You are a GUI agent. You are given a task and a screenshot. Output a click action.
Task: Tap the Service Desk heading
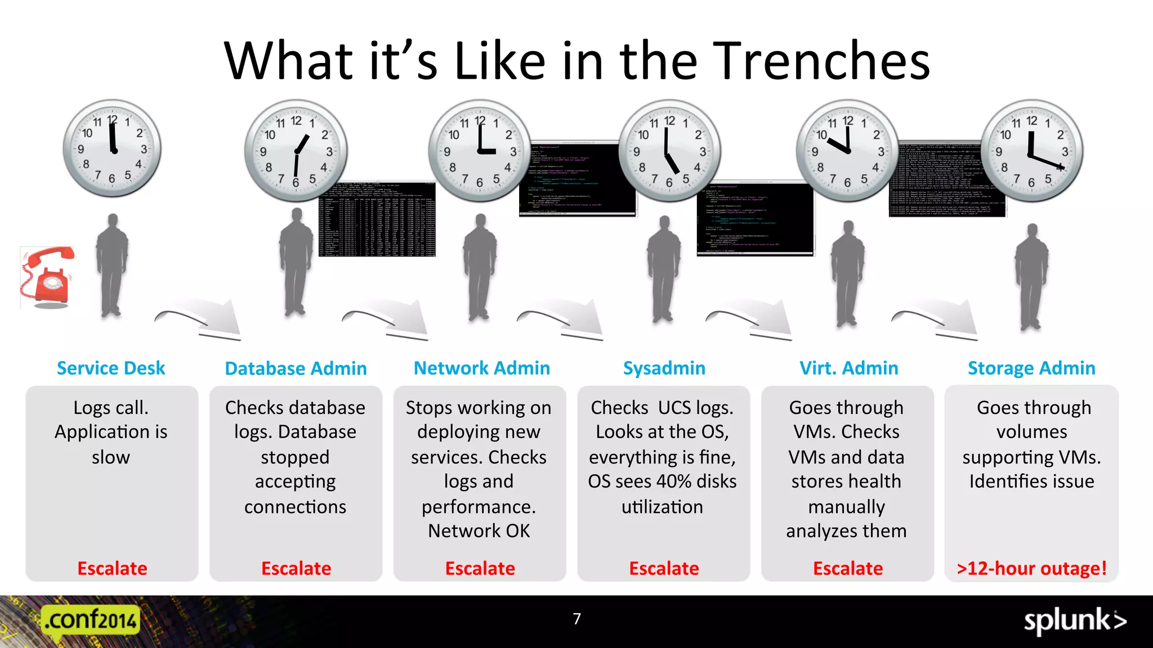click(x=111, y=368)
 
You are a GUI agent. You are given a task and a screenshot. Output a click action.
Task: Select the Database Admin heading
click(x=296, y=369)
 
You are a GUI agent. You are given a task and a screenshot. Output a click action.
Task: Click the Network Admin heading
click(x=481, y=368)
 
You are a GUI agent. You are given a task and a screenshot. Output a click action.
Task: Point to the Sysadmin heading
click(x=664, y=368)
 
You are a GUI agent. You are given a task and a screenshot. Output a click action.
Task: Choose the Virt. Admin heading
click(x=848, y=368)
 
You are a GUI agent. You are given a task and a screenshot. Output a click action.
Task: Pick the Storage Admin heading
click(x=1031, y=368)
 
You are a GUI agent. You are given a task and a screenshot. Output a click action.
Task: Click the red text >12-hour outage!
click(x=1031, y=569)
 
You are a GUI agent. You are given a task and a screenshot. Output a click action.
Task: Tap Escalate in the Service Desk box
click(x=112, y=569)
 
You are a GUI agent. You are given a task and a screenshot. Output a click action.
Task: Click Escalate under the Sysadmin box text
click(x=664, y=569)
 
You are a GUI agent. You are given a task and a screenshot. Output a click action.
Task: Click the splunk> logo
click(x=1075, y=621)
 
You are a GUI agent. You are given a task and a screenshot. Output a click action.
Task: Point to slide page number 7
click(x=576, y=619)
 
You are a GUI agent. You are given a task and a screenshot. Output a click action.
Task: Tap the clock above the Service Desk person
click(x=113, y=148)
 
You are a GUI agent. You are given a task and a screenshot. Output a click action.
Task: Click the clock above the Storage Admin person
click(x=1031, y=151)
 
